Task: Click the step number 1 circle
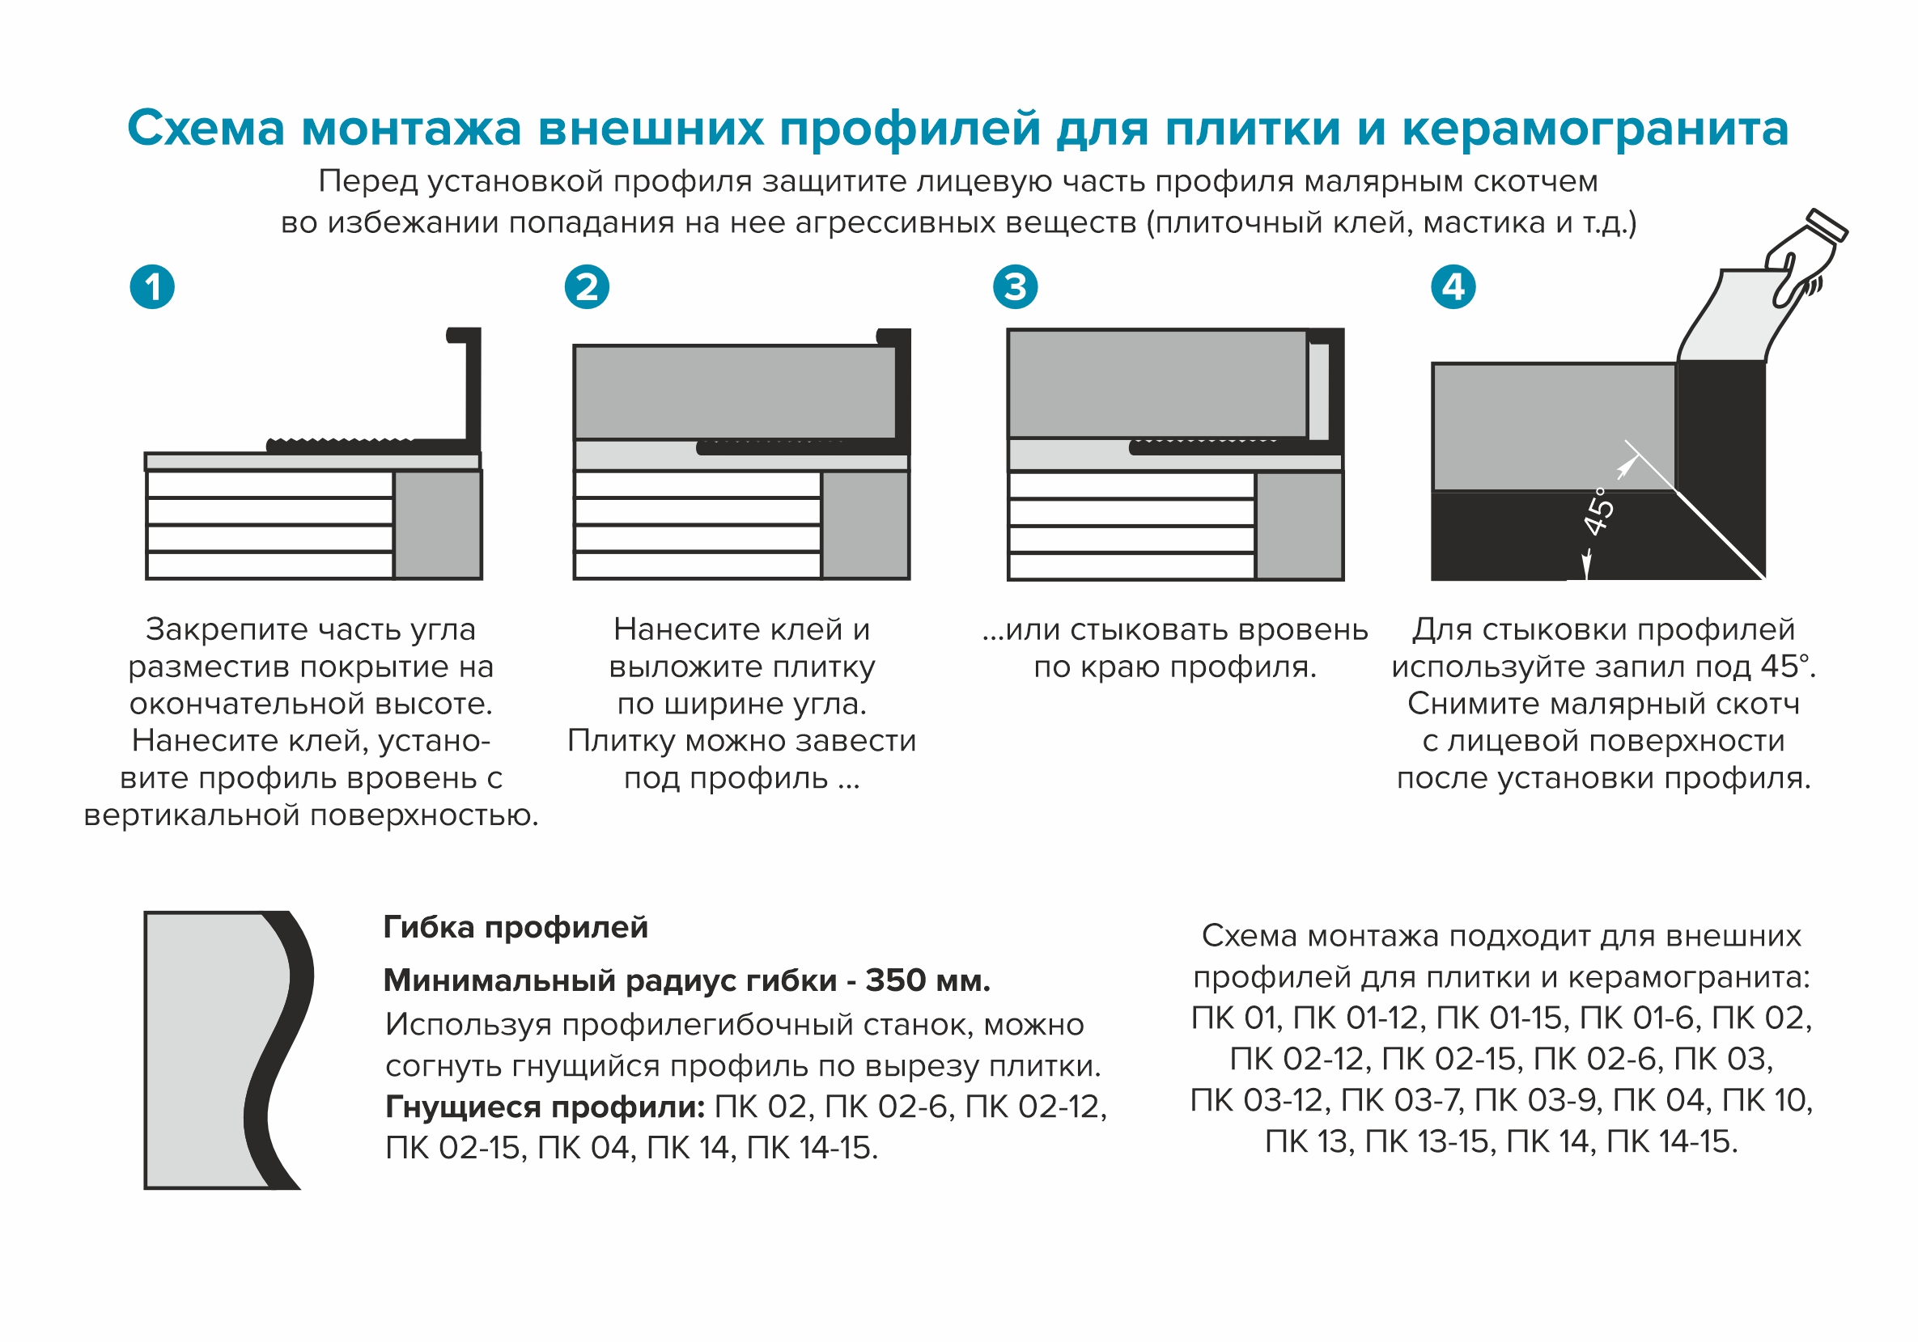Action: pos(152,287)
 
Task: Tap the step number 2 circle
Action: pos(587,287)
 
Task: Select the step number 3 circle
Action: pos(1015,287)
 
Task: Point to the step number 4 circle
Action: pos(1453,287)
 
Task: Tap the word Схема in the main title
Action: pos(206,129)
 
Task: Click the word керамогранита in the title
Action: pos(1595,129)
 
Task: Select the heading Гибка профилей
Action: pos(515,928)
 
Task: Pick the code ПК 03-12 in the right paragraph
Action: pos(1258,1101)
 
